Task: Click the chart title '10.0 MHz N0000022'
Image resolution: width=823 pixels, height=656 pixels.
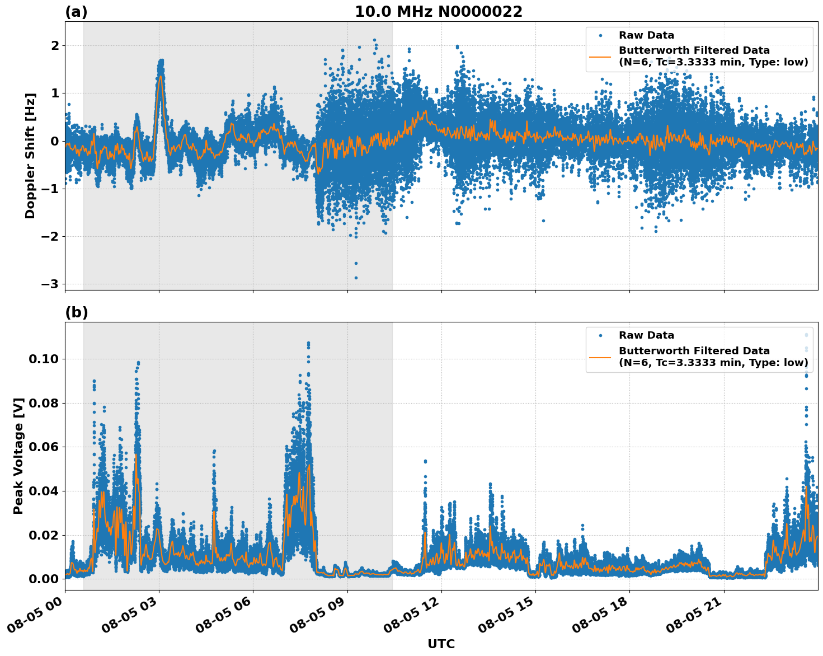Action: point(439,12)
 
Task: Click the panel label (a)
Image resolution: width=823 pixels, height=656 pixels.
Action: point(76,12)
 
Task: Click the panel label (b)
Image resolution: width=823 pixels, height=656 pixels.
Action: point(76,312)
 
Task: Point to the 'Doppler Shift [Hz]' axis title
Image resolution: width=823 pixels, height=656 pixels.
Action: point(30,156)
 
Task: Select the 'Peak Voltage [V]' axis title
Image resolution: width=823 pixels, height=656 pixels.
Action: point(18,456)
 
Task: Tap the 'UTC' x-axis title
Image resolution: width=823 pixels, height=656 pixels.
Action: point(441,644)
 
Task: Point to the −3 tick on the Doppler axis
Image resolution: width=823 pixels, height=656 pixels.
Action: point(50,284)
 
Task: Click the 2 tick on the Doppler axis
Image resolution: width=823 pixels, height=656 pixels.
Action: point(54,45)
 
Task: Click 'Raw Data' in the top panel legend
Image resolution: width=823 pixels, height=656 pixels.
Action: point(646,35)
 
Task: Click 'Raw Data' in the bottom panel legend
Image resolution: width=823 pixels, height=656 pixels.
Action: point(646,335)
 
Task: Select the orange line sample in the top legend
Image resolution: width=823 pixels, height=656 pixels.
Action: point(600,56)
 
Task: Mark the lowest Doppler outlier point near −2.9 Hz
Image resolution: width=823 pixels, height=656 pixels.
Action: point(356,278)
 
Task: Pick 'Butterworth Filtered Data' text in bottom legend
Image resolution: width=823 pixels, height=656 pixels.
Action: point(694,351)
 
